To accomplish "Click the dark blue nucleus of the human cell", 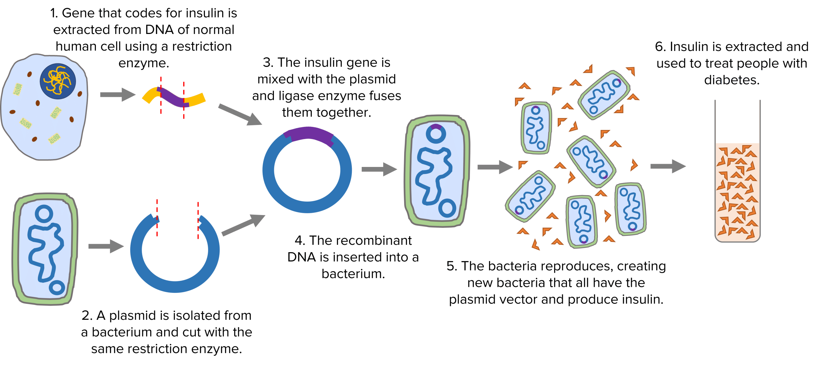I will point(58,81).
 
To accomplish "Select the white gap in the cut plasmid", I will point(178,213).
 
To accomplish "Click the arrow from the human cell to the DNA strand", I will point(117,95).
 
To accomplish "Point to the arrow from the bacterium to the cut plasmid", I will point(106,246).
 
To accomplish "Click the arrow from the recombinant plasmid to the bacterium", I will point(379,169).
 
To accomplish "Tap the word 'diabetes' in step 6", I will point(732,80).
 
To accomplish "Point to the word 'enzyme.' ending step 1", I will point(144,63).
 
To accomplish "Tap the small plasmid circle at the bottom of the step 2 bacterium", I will point(57,287).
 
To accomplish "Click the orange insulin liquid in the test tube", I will point(737,192).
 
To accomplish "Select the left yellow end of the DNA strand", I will point(150,95).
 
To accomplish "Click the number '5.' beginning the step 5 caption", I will point(452,266).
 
